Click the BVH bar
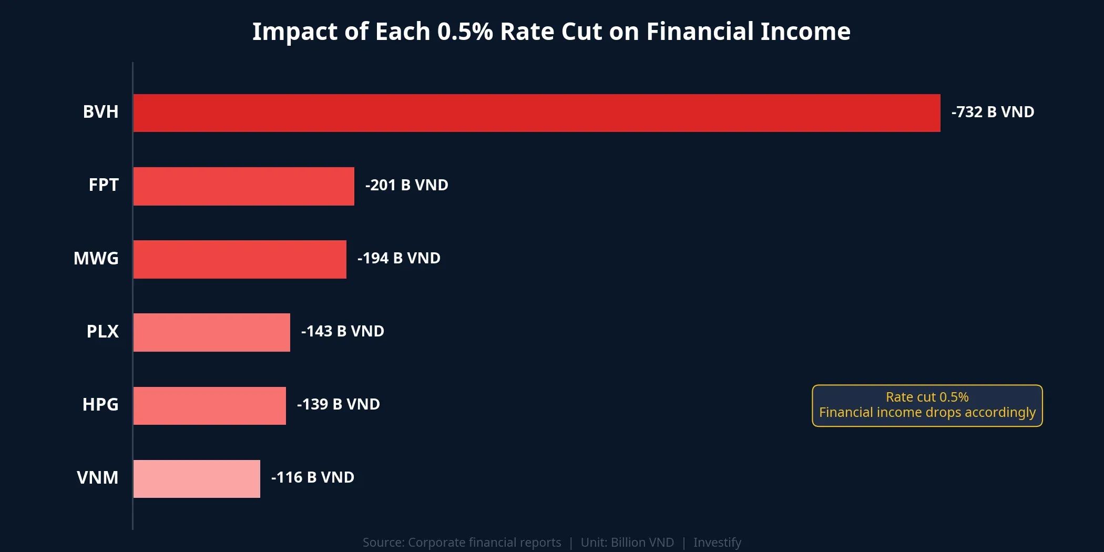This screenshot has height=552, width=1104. point(536,113)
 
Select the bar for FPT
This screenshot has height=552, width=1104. point(243,186)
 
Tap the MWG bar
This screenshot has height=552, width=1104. point(240,259)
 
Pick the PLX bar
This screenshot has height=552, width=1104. point(211,332)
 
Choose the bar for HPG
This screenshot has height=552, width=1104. point(209,405)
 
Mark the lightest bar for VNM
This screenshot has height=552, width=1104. point(197,478)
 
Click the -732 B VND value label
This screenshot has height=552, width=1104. point(993,112)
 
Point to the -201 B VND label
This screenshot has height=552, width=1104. point(406,185)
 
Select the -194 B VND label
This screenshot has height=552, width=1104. point(398,258)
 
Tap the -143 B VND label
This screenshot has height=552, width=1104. point(342,331)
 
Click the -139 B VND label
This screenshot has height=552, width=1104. point(338,404)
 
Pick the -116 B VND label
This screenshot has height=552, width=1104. point(312,477)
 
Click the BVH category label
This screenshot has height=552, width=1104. point(100,112)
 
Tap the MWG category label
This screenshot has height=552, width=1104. point(96,258)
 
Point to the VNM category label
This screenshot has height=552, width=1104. point(97,477)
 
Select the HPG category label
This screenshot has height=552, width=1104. point(100,404)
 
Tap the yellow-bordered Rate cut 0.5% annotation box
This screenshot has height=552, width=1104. point(927,405)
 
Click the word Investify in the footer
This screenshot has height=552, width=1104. point(717,542)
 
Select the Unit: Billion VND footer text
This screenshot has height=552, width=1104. point(627,542)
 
